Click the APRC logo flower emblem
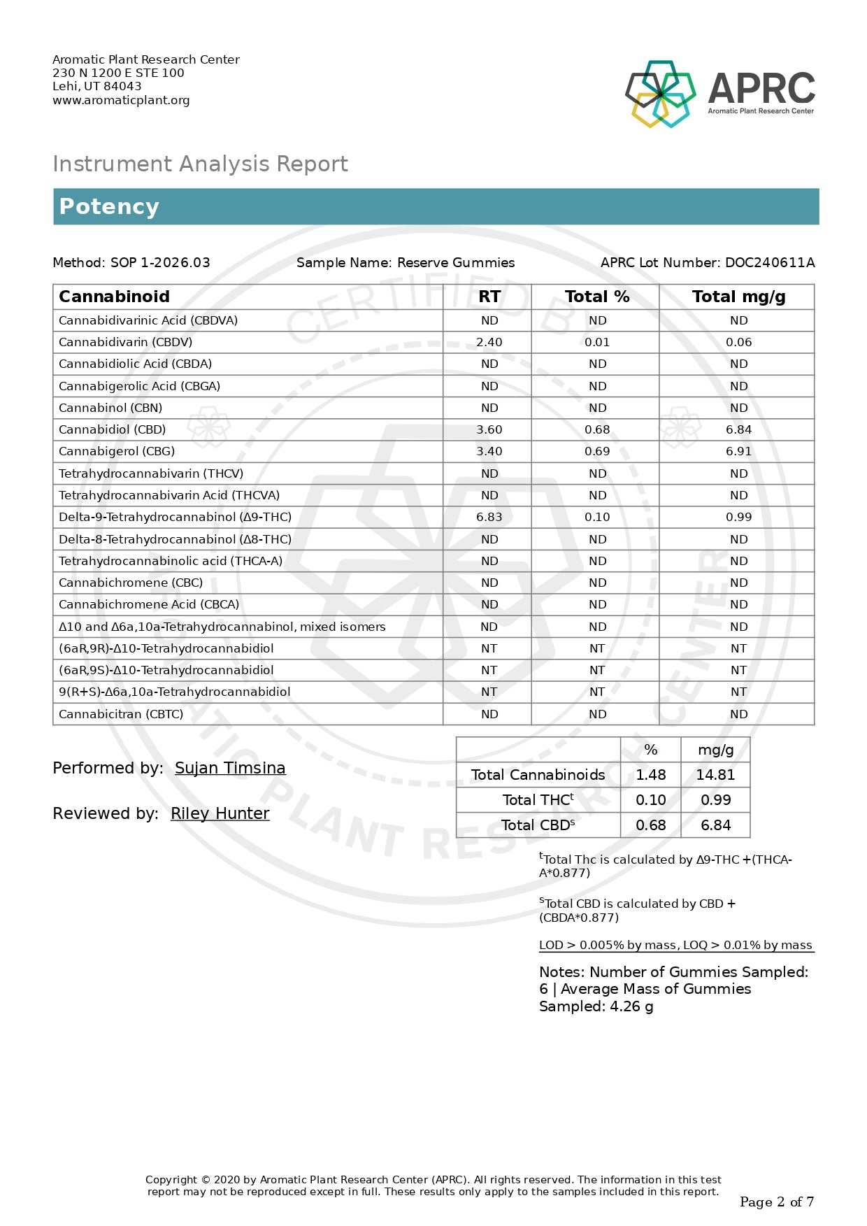click(660, 94)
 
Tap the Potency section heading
click(109, 206)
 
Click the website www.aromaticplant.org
click(121, 100)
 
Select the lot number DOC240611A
click(769, 263)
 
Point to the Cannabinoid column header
click(114, 297)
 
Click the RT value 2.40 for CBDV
click(489, 342)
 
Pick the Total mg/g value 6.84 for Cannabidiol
click(738, 429)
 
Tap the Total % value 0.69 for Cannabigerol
click(597, 451)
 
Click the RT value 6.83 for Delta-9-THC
click(489, 517)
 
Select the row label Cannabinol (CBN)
click(110, 408)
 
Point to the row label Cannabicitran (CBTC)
click(121, 714)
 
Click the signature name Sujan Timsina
click(230, 768)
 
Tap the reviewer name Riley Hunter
click(220, 813)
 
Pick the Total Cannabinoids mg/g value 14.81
click(715, 775)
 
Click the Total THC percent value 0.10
click(650, 800)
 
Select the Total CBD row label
click(538, 825)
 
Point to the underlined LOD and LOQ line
click(675, 945)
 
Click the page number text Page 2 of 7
click(776, 1202)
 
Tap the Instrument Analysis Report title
click(200, 164)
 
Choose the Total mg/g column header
click(738, 297)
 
